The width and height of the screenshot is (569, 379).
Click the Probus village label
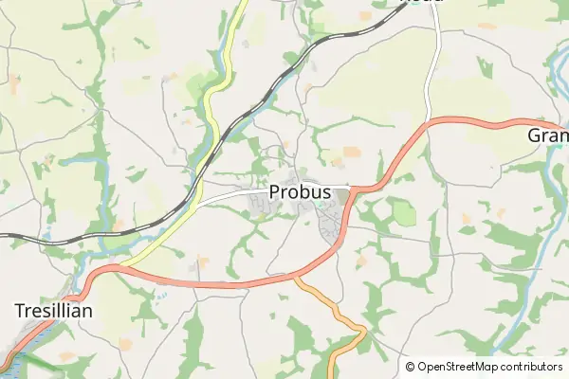300,192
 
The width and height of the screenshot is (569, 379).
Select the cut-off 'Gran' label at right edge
547,136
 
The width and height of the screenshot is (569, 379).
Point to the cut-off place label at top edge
422,3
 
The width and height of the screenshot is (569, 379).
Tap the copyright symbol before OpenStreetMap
410,366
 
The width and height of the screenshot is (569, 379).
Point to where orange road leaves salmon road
295,278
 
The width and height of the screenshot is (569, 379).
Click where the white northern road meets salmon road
431,120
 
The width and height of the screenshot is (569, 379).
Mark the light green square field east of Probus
405,213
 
